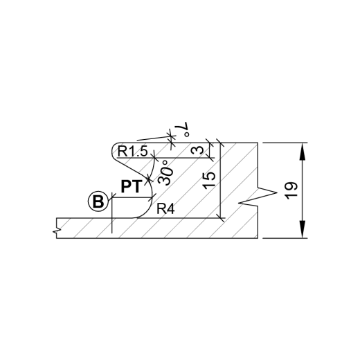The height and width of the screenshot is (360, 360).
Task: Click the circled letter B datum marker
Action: [98, 201]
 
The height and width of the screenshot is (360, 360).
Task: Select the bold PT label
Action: [131, 187]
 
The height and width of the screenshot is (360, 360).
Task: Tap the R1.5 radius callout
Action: [132, 152]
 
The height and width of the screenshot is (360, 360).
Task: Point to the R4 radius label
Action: [165, 209]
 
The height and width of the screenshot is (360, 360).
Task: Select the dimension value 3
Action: [197, 150]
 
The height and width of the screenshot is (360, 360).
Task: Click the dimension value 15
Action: [210, 180]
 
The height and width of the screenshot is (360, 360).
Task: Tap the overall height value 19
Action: [291, 190]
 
